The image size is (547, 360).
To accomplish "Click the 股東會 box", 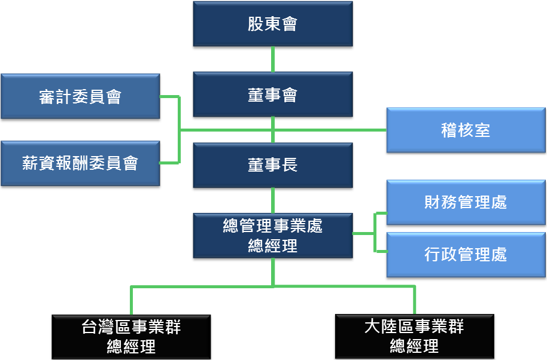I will coord(272,24).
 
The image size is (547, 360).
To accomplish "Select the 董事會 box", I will coord(272,94).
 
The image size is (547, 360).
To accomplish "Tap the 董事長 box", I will coord(272,165).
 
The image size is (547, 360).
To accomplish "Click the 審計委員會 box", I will coord(80,96).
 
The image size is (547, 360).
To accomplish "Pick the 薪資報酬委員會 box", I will coord(80,163).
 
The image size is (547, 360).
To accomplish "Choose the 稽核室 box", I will coord(466,130).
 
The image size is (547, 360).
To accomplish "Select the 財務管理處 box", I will coord(466,202).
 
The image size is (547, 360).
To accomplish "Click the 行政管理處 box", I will coord(466,254).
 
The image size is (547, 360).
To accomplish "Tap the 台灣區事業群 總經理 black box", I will coord(131,336).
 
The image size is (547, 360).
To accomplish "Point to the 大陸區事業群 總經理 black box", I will coord(414,336).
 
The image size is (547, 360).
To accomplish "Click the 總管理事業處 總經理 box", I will coord(272,236).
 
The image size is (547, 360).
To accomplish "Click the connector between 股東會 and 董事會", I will coord(273,59).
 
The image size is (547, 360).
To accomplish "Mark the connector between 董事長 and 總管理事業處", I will coord(273,200).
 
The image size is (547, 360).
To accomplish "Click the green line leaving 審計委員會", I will coord(169,96).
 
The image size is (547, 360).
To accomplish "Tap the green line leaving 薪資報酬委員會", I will coord(169,163).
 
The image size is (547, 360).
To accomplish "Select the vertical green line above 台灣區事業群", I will coord(131,300).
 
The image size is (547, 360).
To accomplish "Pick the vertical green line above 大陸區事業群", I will coord(414,300).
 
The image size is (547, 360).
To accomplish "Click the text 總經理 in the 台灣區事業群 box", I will coord(131,346).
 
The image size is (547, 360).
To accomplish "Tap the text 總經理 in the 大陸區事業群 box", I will coord(414,346).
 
